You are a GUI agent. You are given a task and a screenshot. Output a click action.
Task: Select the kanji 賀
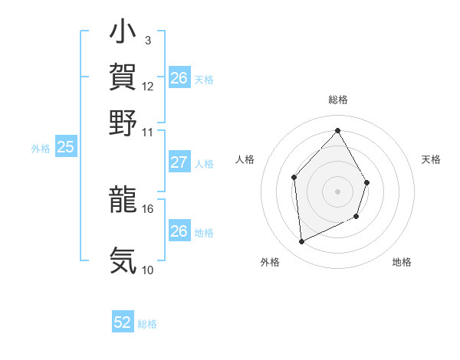coord(123,77)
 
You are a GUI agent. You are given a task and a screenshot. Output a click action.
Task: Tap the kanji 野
coord(123,122)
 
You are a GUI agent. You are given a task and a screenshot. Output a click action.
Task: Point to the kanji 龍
coord(123,199)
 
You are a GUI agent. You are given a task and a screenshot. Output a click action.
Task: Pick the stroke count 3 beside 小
coord(148,41)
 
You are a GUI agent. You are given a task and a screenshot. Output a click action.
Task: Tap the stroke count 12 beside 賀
coord(148,86)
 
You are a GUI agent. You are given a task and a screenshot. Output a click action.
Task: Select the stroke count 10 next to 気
coord(148,270)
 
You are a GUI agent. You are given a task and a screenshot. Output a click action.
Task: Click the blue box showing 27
coord(179,162)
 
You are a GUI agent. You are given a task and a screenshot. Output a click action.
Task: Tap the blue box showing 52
coord(123,323)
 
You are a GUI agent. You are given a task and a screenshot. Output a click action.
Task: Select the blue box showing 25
coord(65,148)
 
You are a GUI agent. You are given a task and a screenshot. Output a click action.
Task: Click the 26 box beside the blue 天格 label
coord(179,78)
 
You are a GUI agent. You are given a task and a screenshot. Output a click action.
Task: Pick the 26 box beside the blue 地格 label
coord(179,231)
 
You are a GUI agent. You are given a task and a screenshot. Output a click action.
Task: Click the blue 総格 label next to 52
coord(147,324)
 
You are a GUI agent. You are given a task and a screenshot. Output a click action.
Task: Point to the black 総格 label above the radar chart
coord(337,100)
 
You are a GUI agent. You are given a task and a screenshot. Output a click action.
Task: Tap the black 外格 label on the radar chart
coord(270,263)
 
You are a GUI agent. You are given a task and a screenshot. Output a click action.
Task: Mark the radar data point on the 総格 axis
coord(337,130)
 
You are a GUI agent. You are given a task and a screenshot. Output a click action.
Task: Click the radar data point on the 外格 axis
coord(301,242)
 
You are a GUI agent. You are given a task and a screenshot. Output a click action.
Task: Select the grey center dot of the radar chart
coord(337,191)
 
